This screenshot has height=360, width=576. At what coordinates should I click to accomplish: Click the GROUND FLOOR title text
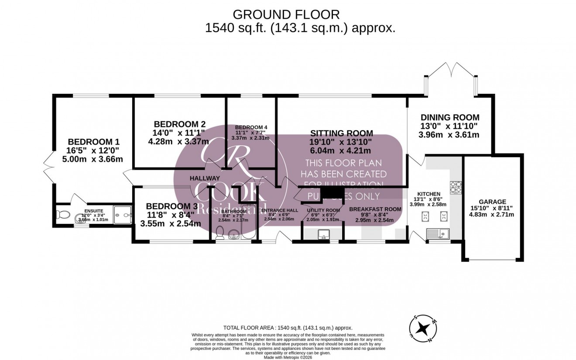pos(286,14)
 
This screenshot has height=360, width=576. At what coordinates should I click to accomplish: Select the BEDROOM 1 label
pos(93,142)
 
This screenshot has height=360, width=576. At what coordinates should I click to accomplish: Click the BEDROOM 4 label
pos(251,127)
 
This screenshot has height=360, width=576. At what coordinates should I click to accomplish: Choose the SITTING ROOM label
pos(342,133)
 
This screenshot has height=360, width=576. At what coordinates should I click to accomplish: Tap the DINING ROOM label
pos(449,117)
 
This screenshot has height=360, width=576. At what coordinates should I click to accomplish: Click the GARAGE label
pos(492,202)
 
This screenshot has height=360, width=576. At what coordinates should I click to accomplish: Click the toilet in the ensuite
pos(62,215)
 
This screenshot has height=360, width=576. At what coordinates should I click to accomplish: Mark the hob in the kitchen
pos(456,187)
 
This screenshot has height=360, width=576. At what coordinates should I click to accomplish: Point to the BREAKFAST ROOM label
pos(375,209)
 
